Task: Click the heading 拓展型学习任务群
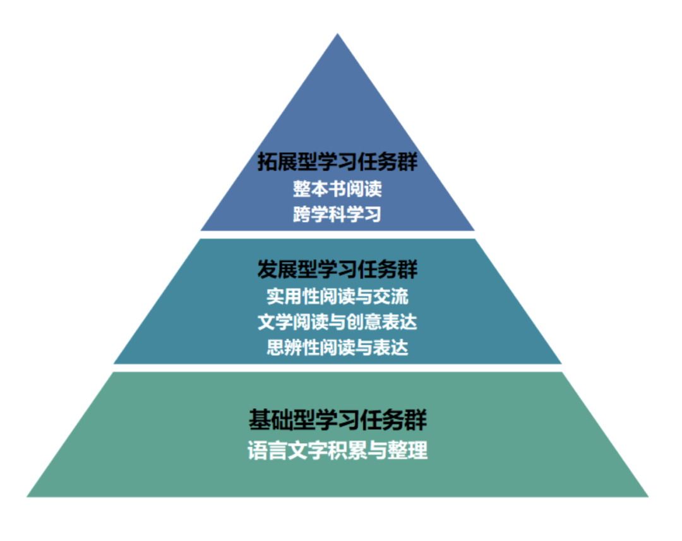(337, 162)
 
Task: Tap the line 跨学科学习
(337, 213)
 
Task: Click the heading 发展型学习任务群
(337, 270)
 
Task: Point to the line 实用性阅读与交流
(337, 296)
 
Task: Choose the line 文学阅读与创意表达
(337, 322)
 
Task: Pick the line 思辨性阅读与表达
(337, 347)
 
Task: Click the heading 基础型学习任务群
(337, 420)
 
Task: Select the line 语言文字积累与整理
(337, 450)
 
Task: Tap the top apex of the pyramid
(337, 35)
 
